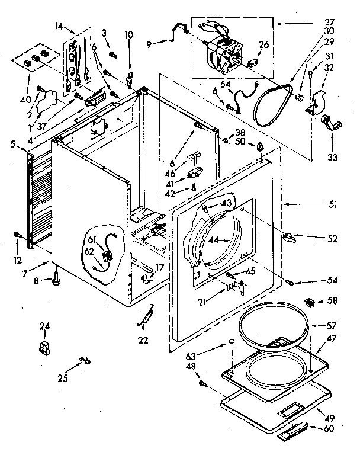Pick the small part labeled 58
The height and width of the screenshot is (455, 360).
tap(308, 303)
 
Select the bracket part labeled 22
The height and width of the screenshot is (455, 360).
tap(146, 317)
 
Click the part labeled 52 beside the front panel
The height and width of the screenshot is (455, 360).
tap(289, 238)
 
